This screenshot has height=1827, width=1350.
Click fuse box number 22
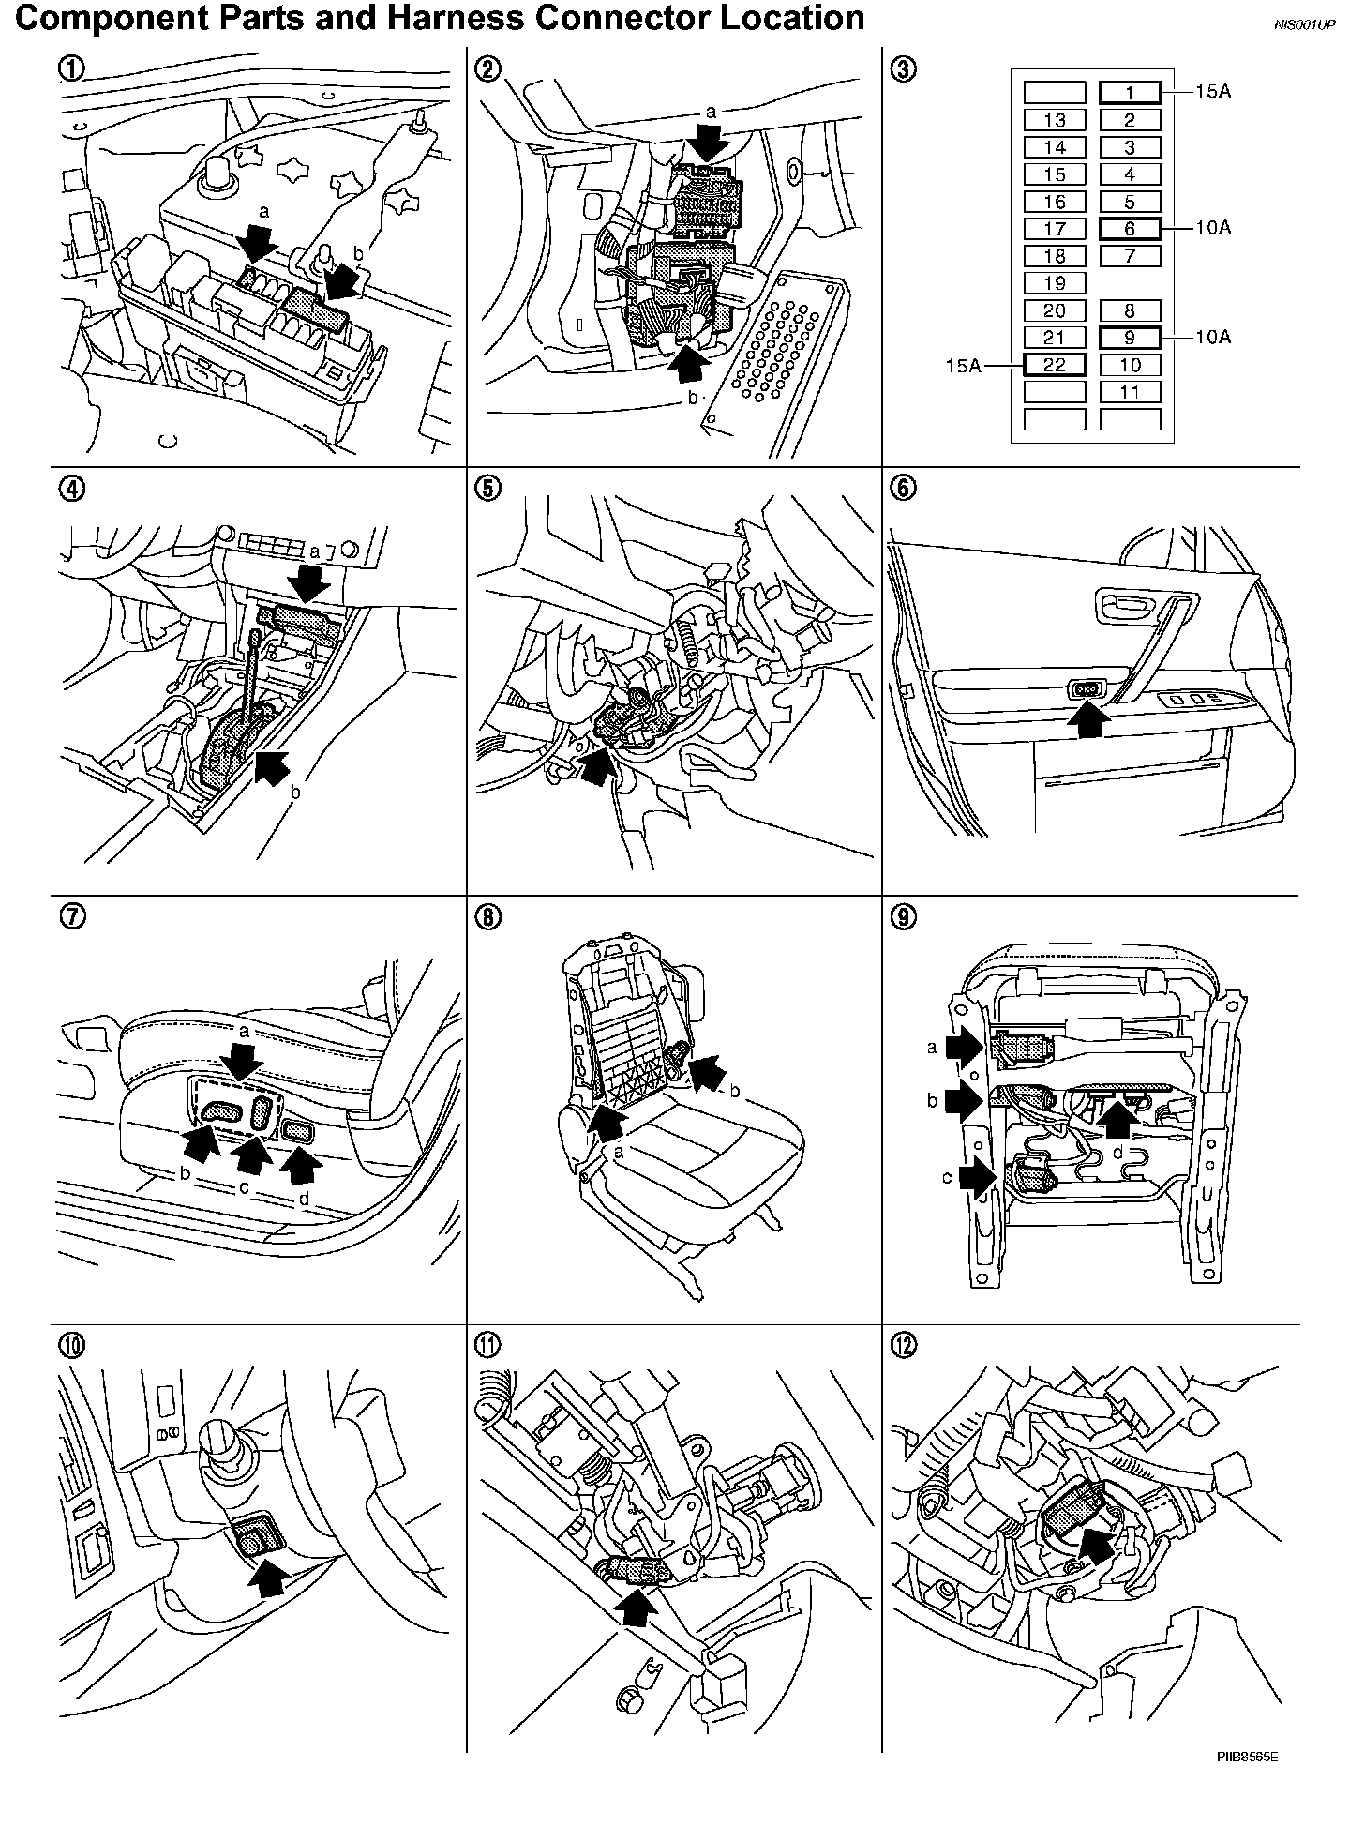point(1055,365)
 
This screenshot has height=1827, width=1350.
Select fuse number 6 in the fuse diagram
point(1130,228)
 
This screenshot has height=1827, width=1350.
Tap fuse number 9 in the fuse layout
point(1130,338)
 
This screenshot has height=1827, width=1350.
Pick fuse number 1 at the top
point(1130,92)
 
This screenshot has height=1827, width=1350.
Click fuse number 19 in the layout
point(1055,283)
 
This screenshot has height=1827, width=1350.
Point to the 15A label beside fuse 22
point(962,365)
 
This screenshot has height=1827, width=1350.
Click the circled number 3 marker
point(904,68)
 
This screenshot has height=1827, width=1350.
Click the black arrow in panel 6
point(1087,719)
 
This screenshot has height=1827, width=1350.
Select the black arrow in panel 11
point(637,1609)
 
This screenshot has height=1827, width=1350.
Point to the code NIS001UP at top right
point(1304,25)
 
